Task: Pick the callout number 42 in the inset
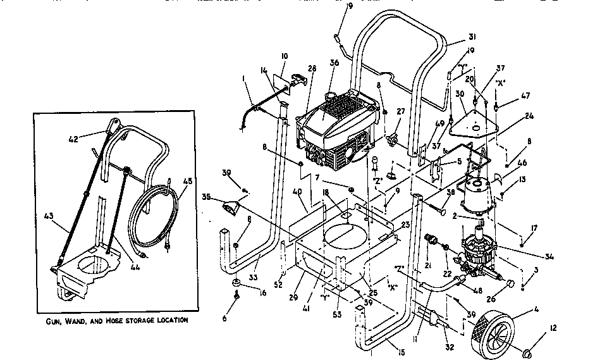pyautogui.click(x=74, y=138)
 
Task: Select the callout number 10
pyautogui.click(x=284, y=56)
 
